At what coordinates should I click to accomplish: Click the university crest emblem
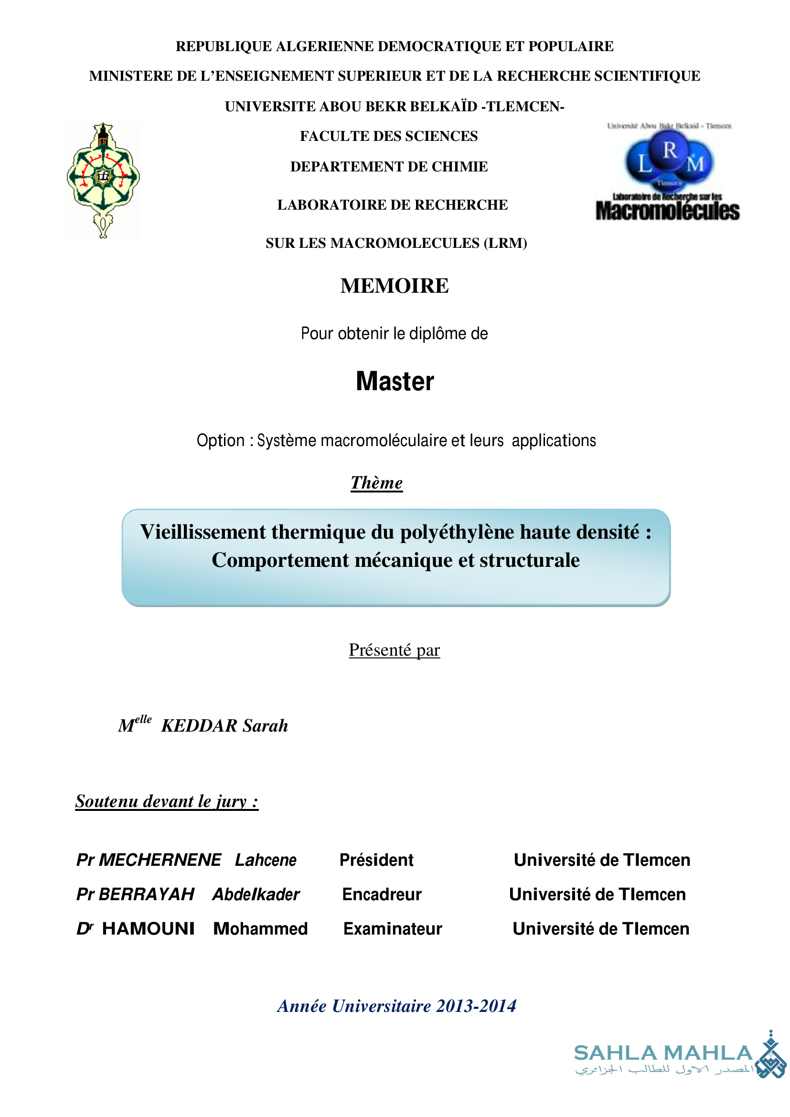[x=103, y=180]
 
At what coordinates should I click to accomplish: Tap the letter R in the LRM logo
[x=670, y=151]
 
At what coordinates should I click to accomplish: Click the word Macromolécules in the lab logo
[x=667, y=212]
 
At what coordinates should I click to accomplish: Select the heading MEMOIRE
[x=394, y=286]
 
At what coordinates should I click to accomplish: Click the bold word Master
[x=395, y=382]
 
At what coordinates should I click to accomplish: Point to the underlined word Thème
[x=376, y=483]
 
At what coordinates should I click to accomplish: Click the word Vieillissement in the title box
[x=203, y=532]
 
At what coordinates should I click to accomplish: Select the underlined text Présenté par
[x=394, y=650]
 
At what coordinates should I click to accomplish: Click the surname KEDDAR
[x=199, y=726]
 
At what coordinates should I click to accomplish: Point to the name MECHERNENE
[x=160, y=860]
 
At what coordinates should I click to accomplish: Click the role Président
[x=376, y=860]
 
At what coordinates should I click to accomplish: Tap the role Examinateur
[x=393, y=929]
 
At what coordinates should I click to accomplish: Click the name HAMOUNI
[x=148, y=929]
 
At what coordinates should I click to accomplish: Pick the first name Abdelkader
[x=256, y=894]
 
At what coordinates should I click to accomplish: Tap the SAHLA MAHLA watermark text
[x=663, y=1053]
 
